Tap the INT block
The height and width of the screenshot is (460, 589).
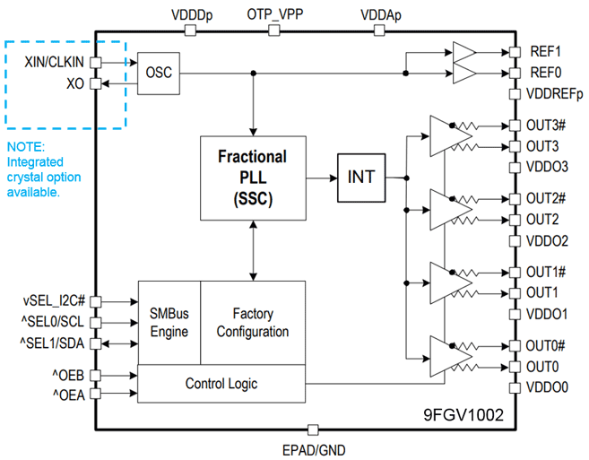click(x=362, y=178)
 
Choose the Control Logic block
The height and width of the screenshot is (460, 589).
click(x=221, y=384)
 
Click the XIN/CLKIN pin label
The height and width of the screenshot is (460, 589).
click(x=54, y=63)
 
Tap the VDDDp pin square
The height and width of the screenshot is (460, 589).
click(x=189, y=30)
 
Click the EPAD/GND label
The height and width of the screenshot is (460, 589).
click(x=313, y=449)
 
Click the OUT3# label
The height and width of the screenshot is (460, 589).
click(x=546, y=126)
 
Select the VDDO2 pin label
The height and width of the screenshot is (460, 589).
click(x=548, y=240)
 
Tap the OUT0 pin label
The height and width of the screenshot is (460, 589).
click(x=542, y=367)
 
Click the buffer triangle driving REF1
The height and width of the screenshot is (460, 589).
click(x=463, y=51)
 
